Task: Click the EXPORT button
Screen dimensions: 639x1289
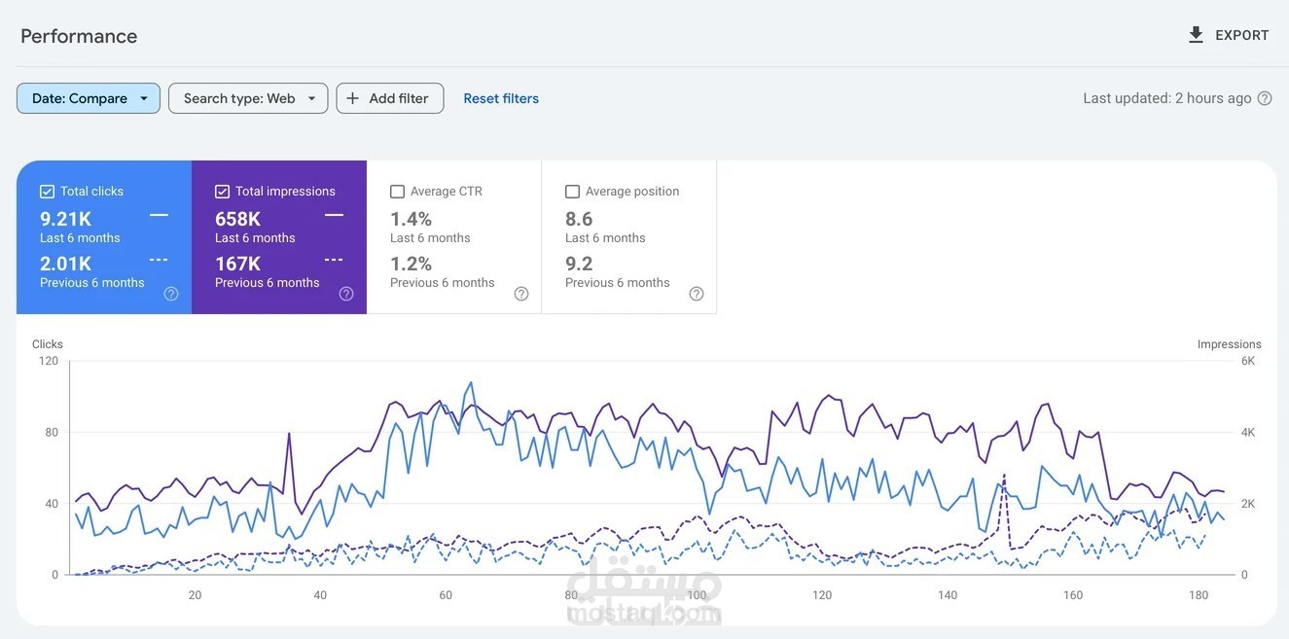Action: [1228, 35]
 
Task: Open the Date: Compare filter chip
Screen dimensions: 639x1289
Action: [89, 98]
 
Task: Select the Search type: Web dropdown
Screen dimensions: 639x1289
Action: [248, 98]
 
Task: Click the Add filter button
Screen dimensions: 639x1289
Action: [389, 98]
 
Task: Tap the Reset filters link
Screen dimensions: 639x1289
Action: [501, 98]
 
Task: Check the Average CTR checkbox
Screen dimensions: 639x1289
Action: [397, 192]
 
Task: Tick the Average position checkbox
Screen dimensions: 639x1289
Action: [572, 192]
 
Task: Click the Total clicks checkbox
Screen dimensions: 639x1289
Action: [47, 192]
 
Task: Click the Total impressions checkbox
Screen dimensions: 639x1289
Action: [222, 192]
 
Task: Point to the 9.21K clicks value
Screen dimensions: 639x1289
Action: [65, 219]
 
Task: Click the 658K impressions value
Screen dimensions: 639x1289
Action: [237, 219]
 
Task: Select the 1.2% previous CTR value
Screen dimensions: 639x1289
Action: [411, 264]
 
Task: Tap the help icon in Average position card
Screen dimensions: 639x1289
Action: [697, 294]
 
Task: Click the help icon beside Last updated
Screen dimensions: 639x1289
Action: [1265, 98]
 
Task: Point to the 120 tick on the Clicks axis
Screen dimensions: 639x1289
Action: [49, 361]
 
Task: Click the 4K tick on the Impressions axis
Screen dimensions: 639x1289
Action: [1248, 432]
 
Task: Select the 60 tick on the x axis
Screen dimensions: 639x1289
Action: [446, 595]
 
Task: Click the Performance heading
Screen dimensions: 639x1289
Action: [79, 36]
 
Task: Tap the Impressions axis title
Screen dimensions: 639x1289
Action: [1229, 344]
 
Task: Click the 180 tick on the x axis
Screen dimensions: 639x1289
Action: [1199, 595]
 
